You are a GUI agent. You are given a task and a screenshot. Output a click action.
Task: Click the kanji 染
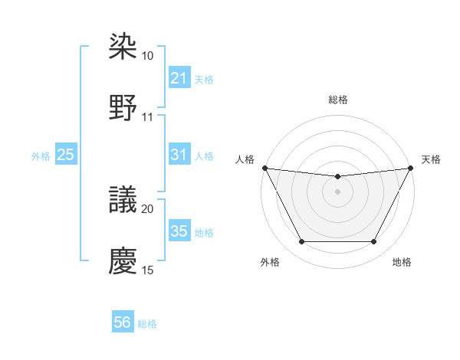(123, 47)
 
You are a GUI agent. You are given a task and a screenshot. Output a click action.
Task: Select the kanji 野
(123, 107)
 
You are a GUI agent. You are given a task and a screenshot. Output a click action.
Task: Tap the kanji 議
(123, 200)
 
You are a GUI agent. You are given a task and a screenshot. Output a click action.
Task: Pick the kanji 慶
(123, 260)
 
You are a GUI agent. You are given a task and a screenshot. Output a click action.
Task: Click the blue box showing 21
(179, 78)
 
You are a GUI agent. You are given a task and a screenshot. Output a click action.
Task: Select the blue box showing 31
(179, 155)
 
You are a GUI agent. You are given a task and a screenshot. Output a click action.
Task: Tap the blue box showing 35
(179, 231)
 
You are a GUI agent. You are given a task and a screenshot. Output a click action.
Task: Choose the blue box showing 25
(66, 155)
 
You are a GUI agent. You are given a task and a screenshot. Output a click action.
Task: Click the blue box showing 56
(123, 323)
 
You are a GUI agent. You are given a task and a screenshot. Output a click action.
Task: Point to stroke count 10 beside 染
(148, 56)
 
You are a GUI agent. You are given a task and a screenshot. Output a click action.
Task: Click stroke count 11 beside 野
(148, 117)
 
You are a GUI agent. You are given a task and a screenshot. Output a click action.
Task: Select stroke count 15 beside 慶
(148, 270)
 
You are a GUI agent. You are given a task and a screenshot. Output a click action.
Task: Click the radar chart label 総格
(338, 100)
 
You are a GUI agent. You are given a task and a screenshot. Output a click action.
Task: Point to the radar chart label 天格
(432, 159)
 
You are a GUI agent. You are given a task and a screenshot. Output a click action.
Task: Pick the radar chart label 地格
(402, 262)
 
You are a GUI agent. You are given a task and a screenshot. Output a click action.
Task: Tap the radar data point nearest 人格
(264, 168)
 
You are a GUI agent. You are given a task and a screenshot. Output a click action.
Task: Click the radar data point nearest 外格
(301, 242)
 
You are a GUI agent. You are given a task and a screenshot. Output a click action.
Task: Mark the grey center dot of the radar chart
(338, 191)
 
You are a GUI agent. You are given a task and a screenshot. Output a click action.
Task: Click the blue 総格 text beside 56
(147, 324)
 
